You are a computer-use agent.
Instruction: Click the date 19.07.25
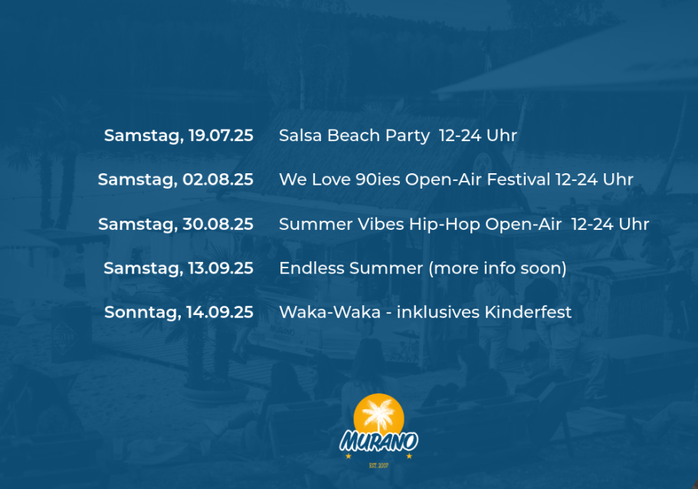pos(221,136)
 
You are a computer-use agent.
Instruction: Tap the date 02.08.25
pos(218,179)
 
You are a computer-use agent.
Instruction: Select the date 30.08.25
pos(218,224)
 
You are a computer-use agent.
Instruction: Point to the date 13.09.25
pos(221,268)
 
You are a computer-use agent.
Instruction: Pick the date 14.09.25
pos(220,312)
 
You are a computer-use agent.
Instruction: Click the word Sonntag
pos(143,313)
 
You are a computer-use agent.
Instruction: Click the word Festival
pos(519,179)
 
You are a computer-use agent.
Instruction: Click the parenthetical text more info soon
pos(497,268)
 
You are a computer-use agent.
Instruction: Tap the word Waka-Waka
pos(330,312)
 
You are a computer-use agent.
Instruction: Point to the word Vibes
pos(381,224)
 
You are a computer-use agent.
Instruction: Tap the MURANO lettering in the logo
pos(378,441)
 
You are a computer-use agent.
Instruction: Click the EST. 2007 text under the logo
pos(378,465)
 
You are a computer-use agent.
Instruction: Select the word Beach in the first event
pos(354,136)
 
